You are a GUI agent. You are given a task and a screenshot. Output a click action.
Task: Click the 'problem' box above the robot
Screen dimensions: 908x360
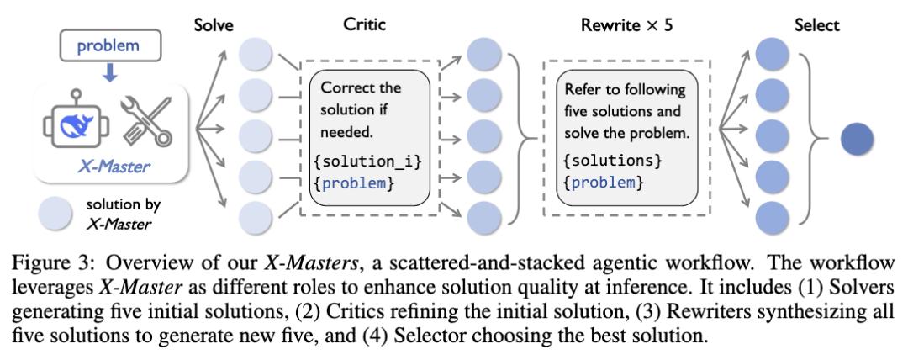108,45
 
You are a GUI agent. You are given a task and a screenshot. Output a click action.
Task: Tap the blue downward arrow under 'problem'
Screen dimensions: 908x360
109,71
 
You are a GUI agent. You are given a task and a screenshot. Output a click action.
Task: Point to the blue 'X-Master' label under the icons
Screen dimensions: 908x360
113,167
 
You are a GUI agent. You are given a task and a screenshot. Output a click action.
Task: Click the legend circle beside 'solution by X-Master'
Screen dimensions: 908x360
55,214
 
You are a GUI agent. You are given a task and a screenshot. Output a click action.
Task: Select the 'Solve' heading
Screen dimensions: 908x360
214,25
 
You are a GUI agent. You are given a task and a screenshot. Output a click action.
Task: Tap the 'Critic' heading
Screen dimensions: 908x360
364,24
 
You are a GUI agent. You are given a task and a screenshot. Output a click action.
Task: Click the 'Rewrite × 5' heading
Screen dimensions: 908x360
626,25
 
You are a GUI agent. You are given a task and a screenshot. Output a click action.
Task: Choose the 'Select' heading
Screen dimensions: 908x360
816,25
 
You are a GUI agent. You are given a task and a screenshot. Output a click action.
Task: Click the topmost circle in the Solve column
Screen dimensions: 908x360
256,55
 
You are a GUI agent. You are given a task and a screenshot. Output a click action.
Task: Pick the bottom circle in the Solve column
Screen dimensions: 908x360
256,217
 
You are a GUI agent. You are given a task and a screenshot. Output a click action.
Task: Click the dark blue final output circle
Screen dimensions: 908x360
857,139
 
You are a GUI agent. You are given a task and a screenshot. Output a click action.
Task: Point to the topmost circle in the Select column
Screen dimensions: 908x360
772,55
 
